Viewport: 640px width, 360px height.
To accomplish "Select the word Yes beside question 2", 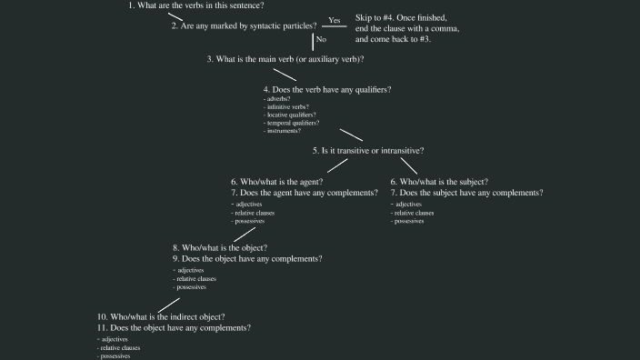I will pyautogui.click(x=334, y=20).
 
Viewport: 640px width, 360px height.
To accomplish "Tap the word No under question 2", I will pyautogui.click(x=320, y=40).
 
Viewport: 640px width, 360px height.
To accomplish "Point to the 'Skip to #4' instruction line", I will pyautogui.click(x=401, y=18).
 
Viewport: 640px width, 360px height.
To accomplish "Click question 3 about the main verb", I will pyautogui.click(x=285, y=59).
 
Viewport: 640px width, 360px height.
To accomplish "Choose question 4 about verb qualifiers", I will pyautogui.click(x=327, y=90).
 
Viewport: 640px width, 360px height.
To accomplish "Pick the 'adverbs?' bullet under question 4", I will pyautogui.click(x=278, y=99).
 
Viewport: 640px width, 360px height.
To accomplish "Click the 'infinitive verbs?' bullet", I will pyautogui.click(x=286, y=107).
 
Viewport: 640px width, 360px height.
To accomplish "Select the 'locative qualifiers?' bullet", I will pyautogui.click(x=290, y=115).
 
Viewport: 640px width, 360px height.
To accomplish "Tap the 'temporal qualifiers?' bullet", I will pyautogui.click(x=292, y=124).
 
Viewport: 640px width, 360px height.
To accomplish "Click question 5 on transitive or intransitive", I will pyautogui.click(x=368, y=150).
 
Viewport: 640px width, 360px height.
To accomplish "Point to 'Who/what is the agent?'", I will pyautogui.click(x=276, y=182).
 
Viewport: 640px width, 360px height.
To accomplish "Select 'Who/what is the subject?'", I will pyautogui.click(x=439, y=182).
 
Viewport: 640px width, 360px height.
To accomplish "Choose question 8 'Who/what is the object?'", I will pyautogui.click(x=220, y=247).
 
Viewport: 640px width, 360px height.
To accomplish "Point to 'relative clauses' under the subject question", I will pyautogui.click(x=414, y=213).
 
